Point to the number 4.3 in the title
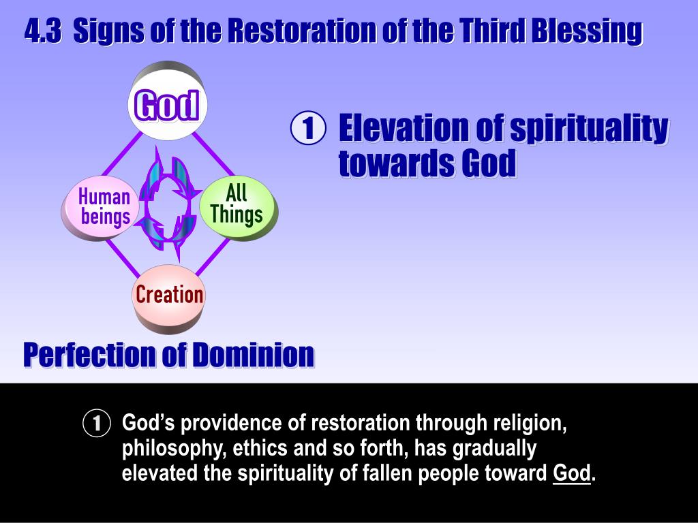pyautogui.click(x=43, y=31)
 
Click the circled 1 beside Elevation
pyautogui.click(x=307, y=129)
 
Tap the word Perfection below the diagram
pyautogui.click(x=89, y=355)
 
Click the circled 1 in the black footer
pyautogui.click(x=96, y=424)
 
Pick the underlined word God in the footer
pyautogui.click(x=571, y=473)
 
